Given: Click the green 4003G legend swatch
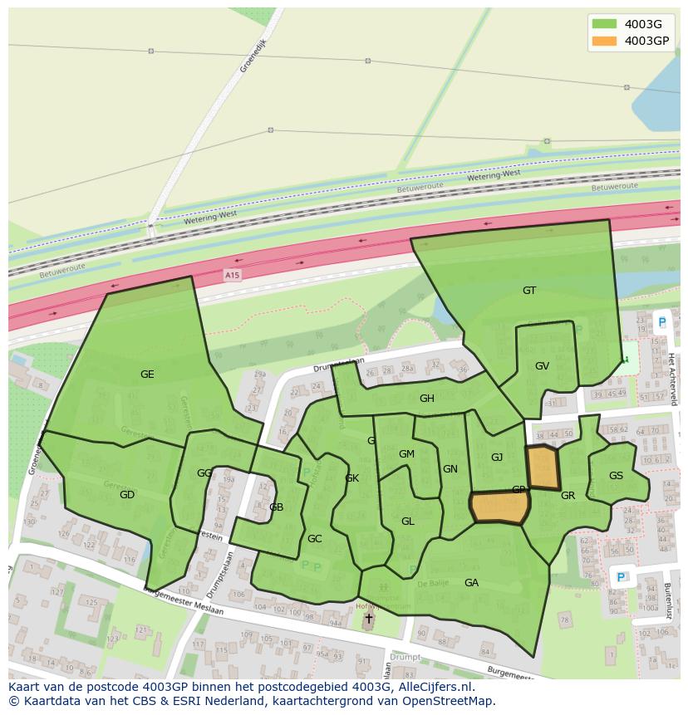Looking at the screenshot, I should pyautogui.click(x=603, y=23).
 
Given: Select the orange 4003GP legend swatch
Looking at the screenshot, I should pyautogui.click(x=603, y=40).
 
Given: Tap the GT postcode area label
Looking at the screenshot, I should pyautogui.click(x=529, y=291).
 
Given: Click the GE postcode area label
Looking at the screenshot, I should pyautogui.click(x=147, y=375).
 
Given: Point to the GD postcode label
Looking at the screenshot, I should pyautogui.click(x=127, y=495).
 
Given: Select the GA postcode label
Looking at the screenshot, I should pyautogui.click(x=471, y=583).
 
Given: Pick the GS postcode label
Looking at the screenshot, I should pyautogui.click(x=616, y=476).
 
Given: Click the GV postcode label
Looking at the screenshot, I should pyautogui.click(x=542, y=366).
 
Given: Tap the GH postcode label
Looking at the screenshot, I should pyautogui.click(x=426, y=399).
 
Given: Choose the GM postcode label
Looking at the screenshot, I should pyautogui.click(x=406, y=454).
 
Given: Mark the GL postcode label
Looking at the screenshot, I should pyautogui.click(x=407, y=522).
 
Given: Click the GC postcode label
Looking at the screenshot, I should pyautogui.click(x=314, y=539).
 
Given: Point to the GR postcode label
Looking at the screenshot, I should pyautogui.click(x=568, y=496).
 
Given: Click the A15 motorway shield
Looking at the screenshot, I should pyautogui.click(x=232, y=274).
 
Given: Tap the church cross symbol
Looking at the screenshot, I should pyautogui.click(x=368, y=619).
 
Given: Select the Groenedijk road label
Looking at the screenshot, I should pyautogui.click(x=253, y=56).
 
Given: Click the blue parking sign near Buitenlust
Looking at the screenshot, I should pyautogui.click(x=619, y=576).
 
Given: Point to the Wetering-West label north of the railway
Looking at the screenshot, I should pyautogui.click(x=494, y=176).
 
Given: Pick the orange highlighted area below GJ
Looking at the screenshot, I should pyautogui.click(x=499, y=507).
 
